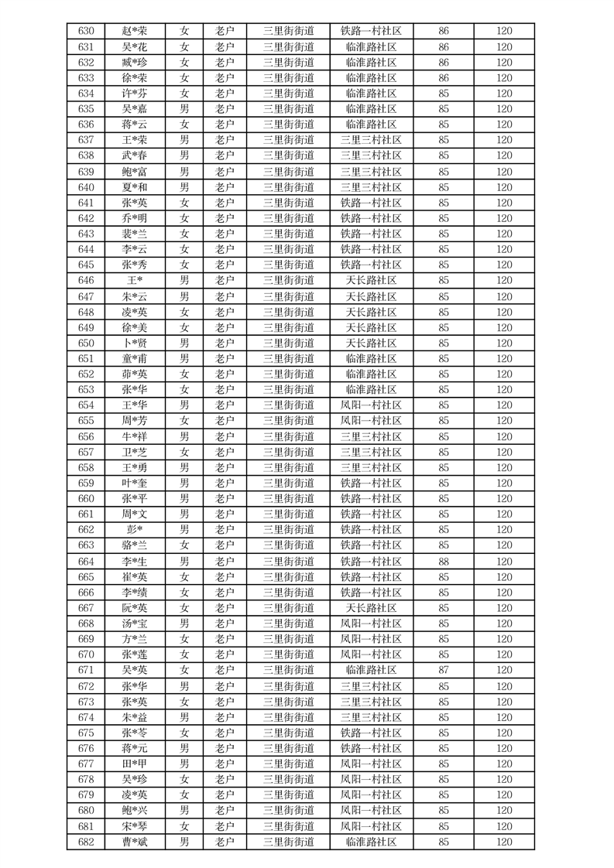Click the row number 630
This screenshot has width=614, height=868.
pos(86,32)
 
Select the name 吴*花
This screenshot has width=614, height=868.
pos(135,47)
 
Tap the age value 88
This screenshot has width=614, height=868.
pos(444,562)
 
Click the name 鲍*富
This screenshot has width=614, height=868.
pos(135,172)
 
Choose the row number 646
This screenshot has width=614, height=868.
pos(86,281)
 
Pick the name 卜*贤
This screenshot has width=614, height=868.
pos(135,343)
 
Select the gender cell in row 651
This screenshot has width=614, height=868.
pos(184,359)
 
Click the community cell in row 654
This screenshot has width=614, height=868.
pos(371,405)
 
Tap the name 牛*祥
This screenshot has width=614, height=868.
pos(135,436)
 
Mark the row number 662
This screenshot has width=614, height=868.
pos(86,530)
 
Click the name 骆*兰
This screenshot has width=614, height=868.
pos(135,545)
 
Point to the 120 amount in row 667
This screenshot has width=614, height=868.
pos(504,608)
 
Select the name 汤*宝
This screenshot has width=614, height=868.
pos(135,624)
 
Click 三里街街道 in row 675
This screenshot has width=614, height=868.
pos(288,733)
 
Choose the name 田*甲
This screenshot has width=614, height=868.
pos(135,764)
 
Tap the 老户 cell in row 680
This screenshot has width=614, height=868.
pos(225,811)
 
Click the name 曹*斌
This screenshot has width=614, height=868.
pos(135,842)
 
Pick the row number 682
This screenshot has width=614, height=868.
pos(86,842)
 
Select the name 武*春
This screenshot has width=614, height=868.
pos(135,156)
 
